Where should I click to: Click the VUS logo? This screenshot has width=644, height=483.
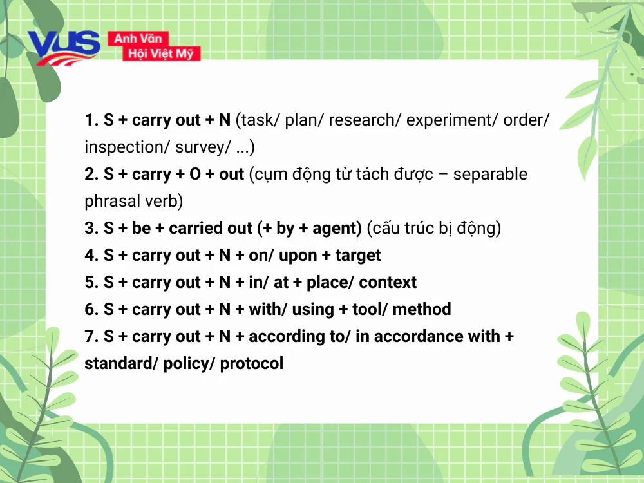[x=64, y=48]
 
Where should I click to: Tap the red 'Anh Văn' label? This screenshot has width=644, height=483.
[x=138, y=39]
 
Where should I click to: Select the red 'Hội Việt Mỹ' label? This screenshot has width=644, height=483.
[x=161, y=53]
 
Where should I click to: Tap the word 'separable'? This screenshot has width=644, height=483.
[x=490, y=175]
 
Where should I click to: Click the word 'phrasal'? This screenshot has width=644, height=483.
[x=111, y=201]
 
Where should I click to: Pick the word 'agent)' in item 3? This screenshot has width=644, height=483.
[x=337, y=229]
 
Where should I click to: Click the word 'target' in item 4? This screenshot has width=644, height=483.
[x=358, y=256]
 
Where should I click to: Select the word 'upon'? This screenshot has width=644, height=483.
[x=298, y=256]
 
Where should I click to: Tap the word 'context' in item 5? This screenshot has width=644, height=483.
[x=388, y=283]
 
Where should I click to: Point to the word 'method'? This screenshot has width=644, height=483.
[x=422, y=309]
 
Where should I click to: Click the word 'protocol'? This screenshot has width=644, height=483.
[x=252, y=363]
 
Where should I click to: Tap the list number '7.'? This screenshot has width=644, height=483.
[x=91, y=336]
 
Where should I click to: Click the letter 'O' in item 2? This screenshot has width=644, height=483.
[x=194, y=175]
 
